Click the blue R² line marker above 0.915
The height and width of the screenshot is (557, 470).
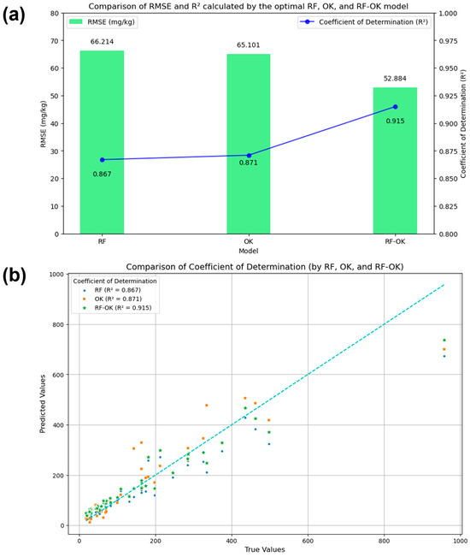pos(395,106)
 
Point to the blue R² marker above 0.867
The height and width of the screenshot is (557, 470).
pos(102,159)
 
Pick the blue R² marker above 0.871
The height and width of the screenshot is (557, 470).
pos(248,155)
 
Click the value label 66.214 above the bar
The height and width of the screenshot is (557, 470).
pos(102,40)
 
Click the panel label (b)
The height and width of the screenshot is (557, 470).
pos(18,276)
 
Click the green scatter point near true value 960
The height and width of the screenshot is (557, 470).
pos(444,340)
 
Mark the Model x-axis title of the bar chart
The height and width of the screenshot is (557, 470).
pos(248,251)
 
